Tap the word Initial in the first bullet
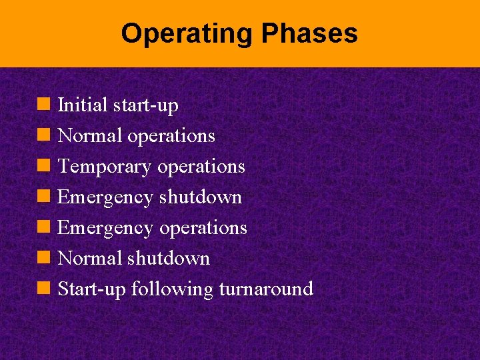click(83, 105)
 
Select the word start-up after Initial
click(145, 105)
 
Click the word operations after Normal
click(171, 136)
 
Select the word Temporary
click(105, 167)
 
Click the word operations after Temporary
click(201, 167)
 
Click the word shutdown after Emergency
click(201, 197)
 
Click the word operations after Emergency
click(203, 228)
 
